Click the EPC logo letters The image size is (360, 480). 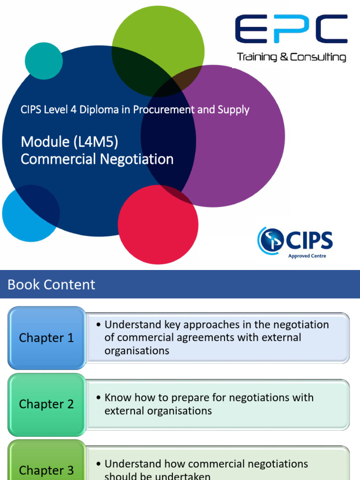point(291,29)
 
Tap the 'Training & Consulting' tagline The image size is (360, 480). point(291,57)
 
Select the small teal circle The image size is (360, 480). point(44,61)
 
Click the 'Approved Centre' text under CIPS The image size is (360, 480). point(307,256)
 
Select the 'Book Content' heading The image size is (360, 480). point(52,285)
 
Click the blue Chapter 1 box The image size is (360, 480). point(46,338)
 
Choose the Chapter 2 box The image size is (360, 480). point(46,404)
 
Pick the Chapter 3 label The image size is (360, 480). point(46,470)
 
